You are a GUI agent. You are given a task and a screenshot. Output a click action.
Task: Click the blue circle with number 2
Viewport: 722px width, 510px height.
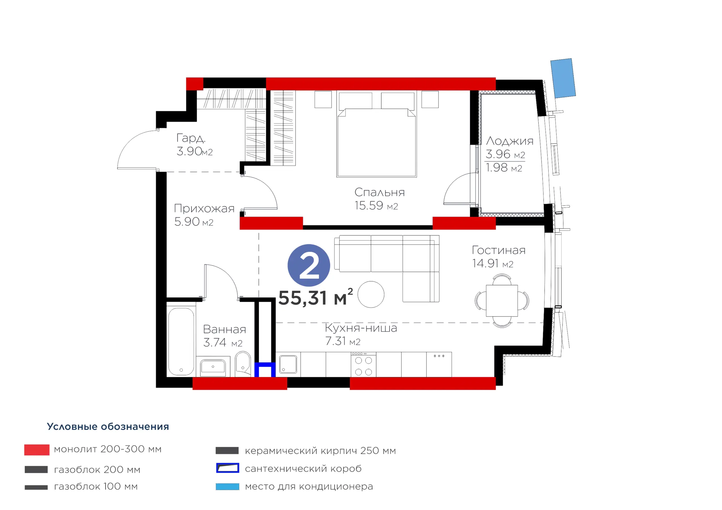pyautogui.click(x=309, y=265)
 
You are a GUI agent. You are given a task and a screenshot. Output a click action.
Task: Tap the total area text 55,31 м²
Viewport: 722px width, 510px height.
pyautogui.click(x=316, y=297)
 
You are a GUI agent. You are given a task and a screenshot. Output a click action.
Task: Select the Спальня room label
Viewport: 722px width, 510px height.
pyautogui.click(x=380, y=192)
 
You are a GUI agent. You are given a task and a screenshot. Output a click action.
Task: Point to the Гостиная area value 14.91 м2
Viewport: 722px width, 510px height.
pyautogui.click(x=492, y=263)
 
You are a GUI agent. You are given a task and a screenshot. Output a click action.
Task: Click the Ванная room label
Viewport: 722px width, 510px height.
pyautogui.click(x=224, y=329)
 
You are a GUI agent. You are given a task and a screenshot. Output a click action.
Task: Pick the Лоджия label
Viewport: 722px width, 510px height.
pyautogui.click(x=510, y=141)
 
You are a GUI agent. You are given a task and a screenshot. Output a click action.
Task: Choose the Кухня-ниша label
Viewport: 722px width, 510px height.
pyautogui.click(x=361, y=328)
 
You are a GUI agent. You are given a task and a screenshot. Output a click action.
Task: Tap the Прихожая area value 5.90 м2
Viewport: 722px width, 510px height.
pyautogui.click(x=194, y=222)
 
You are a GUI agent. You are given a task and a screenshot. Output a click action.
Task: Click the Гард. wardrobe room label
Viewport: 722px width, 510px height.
pyautogui.click(x=191, y=138)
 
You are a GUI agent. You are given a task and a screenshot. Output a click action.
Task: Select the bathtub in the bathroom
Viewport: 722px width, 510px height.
pyautogui.click(x=181, y=341)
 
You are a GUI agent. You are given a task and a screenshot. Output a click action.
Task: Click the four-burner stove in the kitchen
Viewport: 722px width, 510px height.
pyautogui.click(x=364, y=365)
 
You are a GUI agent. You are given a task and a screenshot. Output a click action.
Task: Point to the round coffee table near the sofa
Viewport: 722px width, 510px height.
pyautogui.click(x=371, y=294)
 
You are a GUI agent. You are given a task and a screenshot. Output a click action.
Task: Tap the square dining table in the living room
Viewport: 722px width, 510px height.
pyautogui.click(x=502, y=301)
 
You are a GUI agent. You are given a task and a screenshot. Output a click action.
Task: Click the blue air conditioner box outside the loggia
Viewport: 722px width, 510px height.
pyautogui.click(x=563, y=78)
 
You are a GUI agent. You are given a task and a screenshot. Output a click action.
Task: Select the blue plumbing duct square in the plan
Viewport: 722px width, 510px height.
pyautogui.click(x=265, y=370)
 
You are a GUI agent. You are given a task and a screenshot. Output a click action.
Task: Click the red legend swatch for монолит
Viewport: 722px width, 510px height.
pyautogui.click(x=37, y=450)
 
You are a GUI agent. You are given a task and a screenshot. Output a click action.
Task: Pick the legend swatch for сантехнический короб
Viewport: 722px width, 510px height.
pyautogui.click(x=228, y=468)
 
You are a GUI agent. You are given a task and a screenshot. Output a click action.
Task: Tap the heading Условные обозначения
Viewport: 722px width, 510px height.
pyautogui.click(x=108, y=426)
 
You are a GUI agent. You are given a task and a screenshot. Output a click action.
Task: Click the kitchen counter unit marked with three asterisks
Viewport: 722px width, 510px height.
pyautogui.click(x=439, y=365)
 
